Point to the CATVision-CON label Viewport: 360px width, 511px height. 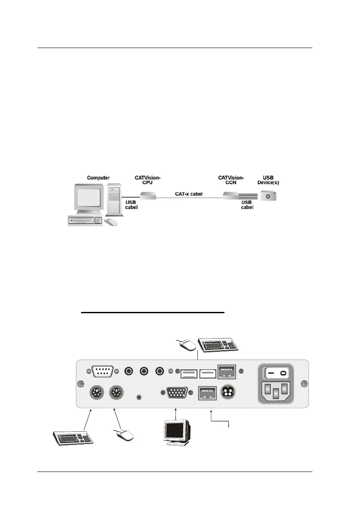[231, 180]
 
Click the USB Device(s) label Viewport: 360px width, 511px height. [267, 180]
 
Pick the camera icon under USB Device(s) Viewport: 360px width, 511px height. [269, 196]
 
